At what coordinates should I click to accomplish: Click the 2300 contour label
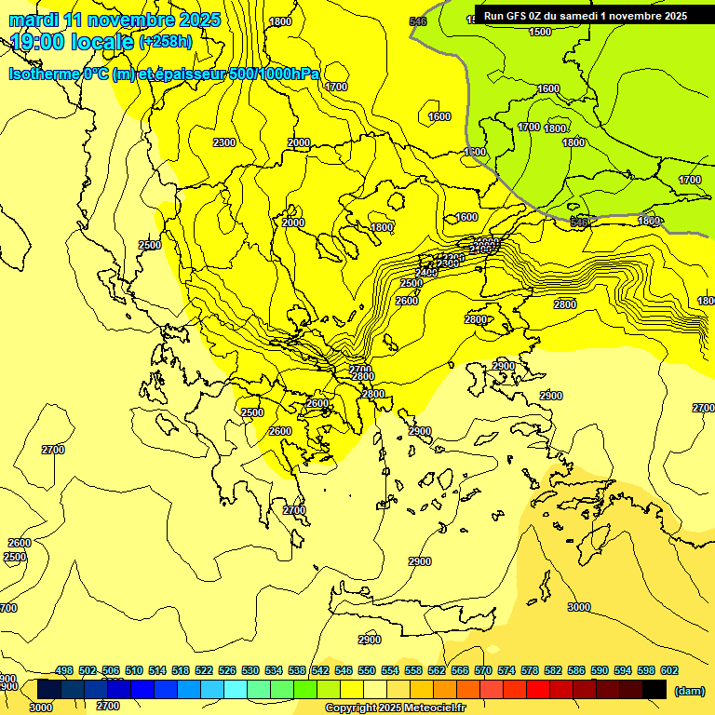223,142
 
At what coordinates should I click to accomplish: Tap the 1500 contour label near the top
540,32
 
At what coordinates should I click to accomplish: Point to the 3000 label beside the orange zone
579,607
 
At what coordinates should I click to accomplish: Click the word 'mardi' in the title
34,20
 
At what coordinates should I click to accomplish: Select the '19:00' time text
41,42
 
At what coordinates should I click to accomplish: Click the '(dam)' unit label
689,690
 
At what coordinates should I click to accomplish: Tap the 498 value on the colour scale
64,670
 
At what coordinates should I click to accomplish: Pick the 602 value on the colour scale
669,670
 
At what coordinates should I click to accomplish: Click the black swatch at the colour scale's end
654,689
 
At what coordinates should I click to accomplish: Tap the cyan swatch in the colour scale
236,689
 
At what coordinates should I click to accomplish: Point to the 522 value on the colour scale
204,670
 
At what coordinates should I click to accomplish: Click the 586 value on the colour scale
576,670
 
